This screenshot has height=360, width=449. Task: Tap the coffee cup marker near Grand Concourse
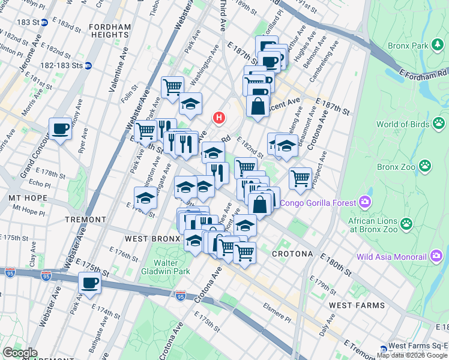coord(60,129)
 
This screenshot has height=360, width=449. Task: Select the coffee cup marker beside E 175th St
coord(89,283)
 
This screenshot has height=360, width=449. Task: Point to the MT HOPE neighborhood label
coord(22,197)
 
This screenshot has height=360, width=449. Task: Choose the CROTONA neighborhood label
coord(292,254)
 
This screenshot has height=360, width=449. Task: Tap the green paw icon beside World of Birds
coord(440,124)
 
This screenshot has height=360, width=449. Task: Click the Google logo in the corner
coord(20,352)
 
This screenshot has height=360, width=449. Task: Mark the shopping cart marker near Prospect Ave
coord(300,178)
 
